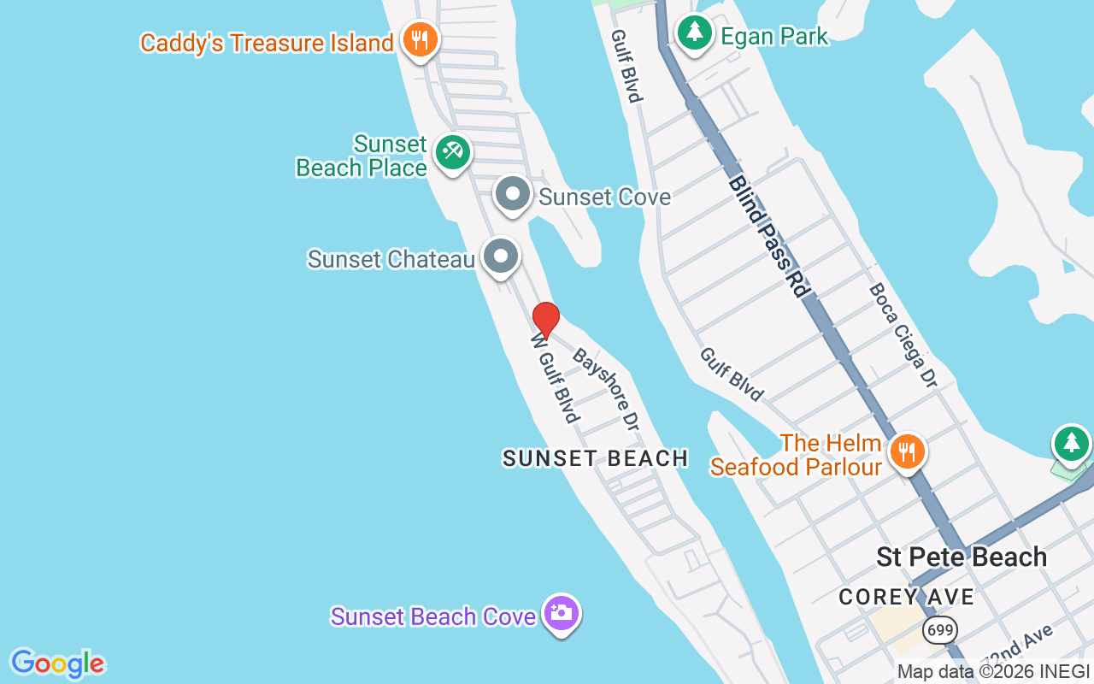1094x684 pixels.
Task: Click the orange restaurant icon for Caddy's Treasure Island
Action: pos(419,39)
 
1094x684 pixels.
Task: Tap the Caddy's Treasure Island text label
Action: pos(267,43)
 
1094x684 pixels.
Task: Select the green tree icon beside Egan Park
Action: pos(695,33)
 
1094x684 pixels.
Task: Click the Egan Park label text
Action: pos(774,36)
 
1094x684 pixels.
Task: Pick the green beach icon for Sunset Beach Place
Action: pos(451,152)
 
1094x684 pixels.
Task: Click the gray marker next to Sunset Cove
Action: pos(513,195)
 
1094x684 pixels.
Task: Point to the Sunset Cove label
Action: pos(604,198)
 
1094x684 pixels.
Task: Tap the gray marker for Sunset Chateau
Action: pos(500,256)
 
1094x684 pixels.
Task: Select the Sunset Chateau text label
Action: pos(391,259)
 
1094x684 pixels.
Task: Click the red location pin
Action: pos(545,319)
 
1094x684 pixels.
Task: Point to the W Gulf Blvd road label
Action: pos(555,378)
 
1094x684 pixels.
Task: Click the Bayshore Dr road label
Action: pos(606,389)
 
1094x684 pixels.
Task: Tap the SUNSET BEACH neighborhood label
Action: pos(595,458)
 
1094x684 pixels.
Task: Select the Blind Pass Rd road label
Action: pos(768,236)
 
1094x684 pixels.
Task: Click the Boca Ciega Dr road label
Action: pos(903,335)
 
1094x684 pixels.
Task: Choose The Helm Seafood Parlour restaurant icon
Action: pos(906,451)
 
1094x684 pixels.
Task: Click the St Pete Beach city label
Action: pos(962,557)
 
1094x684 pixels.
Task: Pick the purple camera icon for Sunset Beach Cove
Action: pos(561,613)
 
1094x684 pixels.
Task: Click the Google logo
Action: pos(57,663)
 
